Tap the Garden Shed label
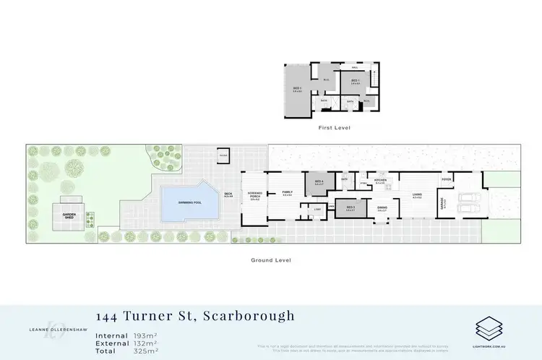69,215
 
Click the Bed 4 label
319,182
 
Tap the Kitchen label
381,180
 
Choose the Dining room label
382,209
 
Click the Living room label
417,194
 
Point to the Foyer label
447,179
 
